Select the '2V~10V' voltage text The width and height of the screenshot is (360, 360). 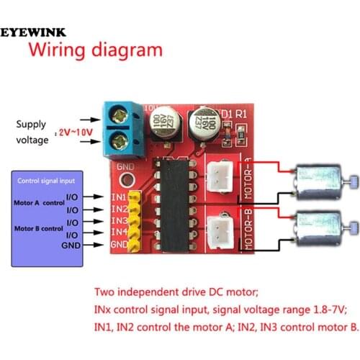[x=74, y=132]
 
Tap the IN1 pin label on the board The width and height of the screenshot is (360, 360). [x=119, y=196]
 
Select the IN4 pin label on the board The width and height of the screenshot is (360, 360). [x=119, y=232]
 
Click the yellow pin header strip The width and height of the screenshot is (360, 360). [x=135, y=220]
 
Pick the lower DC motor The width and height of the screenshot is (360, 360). [x=317, y=226]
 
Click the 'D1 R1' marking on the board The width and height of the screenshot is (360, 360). [x=234, y=114]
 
